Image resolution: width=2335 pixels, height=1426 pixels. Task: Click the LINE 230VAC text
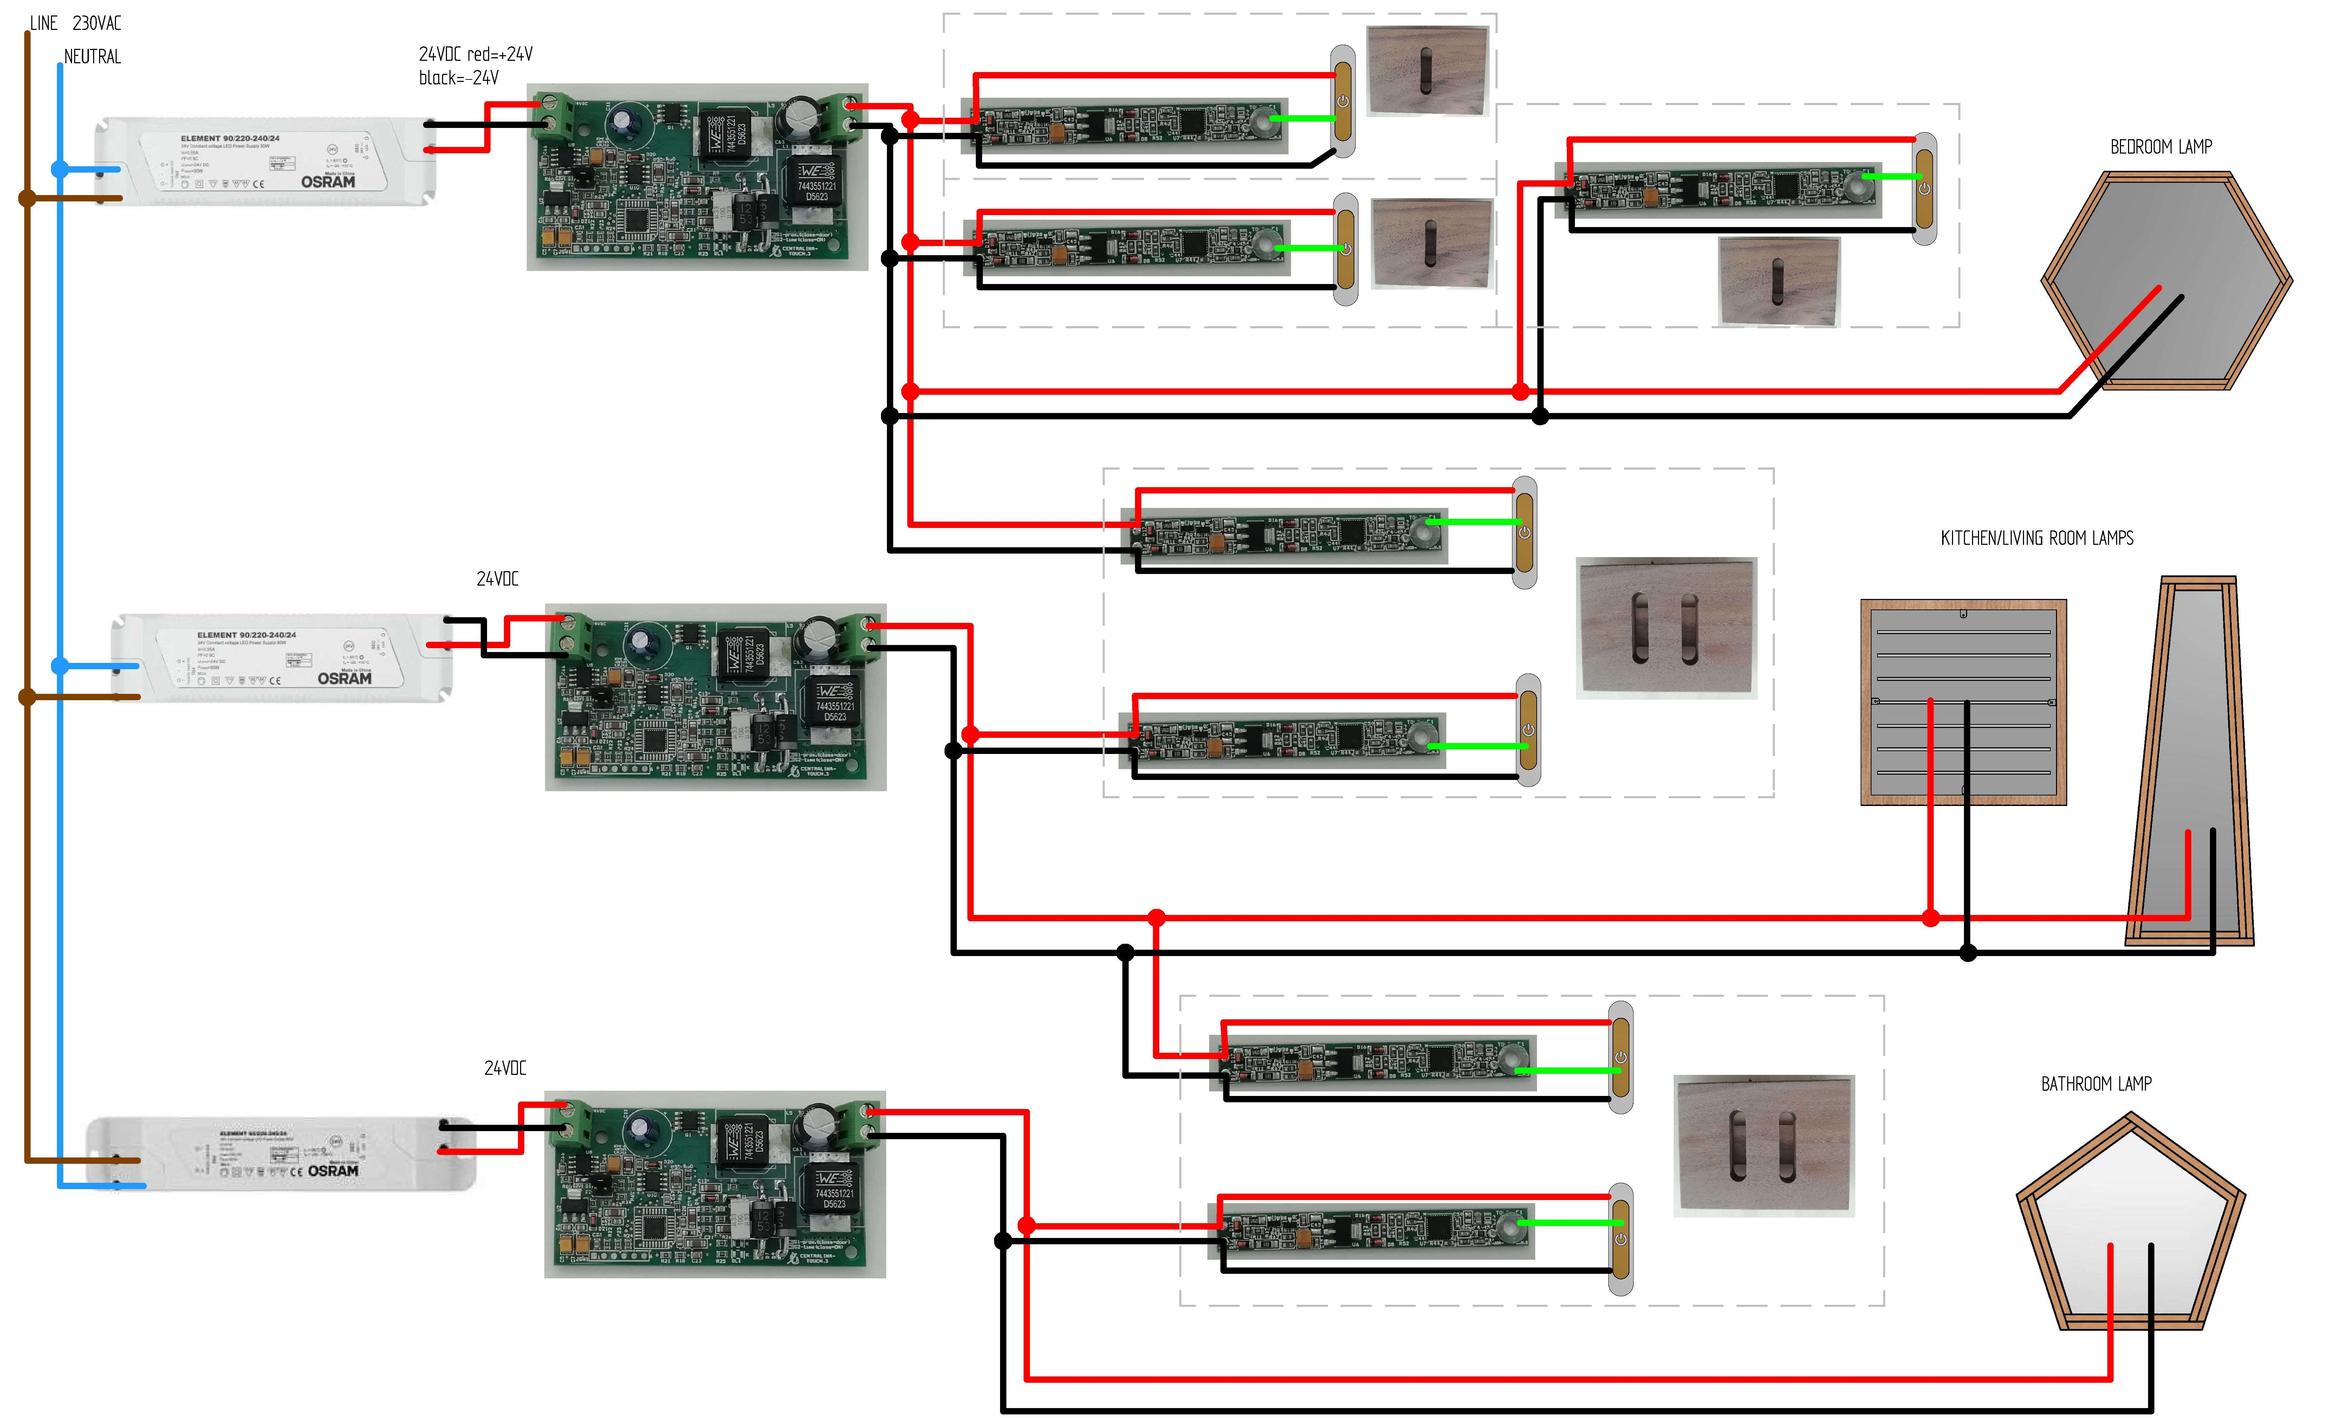click(76, 23)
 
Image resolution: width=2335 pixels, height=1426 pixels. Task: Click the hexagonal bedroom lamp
click(2165, 280)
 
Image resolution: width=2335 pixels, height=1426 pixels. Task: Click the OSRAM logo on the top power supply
click(328, 181)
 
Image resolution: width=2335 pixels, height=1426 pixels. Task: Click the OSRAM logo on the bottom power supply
click(333, 1171)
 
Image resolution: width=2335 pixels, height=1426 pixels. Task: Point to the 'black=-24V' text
click(459, 78)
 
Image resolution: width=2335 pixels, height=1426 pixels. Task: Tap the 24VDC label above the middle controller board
click(498, 578)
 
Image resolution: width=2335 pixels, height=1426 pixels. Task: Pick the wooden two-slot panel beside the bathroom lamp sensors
click(1764, 1146)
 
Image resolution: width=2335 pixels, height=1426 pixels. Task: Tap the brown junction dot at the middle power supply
click(27, 697)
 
